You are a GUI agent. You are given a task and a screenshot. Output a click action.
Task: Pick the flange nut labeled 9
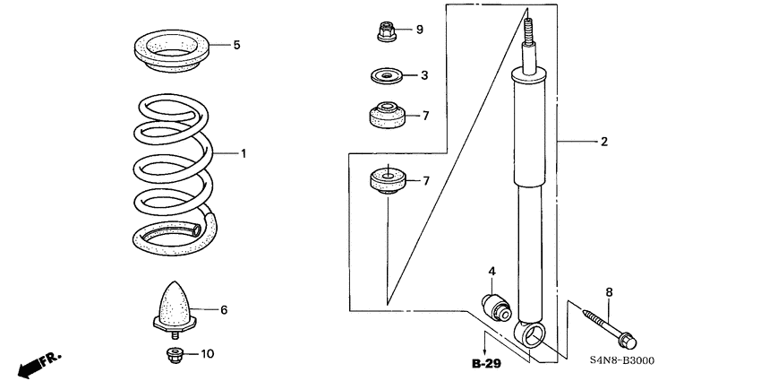pos(383,31)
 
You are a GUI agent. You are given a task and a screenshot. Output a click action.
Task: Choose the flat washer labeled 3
pos(386,76)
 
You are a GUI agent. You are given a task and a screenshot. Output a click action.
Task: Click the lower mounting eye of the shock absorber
pos(530,336)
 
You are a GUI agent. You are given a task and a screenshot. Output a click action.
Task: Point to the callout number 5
pos(236,45)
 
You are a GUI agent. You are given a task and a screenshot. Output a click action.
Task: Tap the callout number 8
pos(609,291)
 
